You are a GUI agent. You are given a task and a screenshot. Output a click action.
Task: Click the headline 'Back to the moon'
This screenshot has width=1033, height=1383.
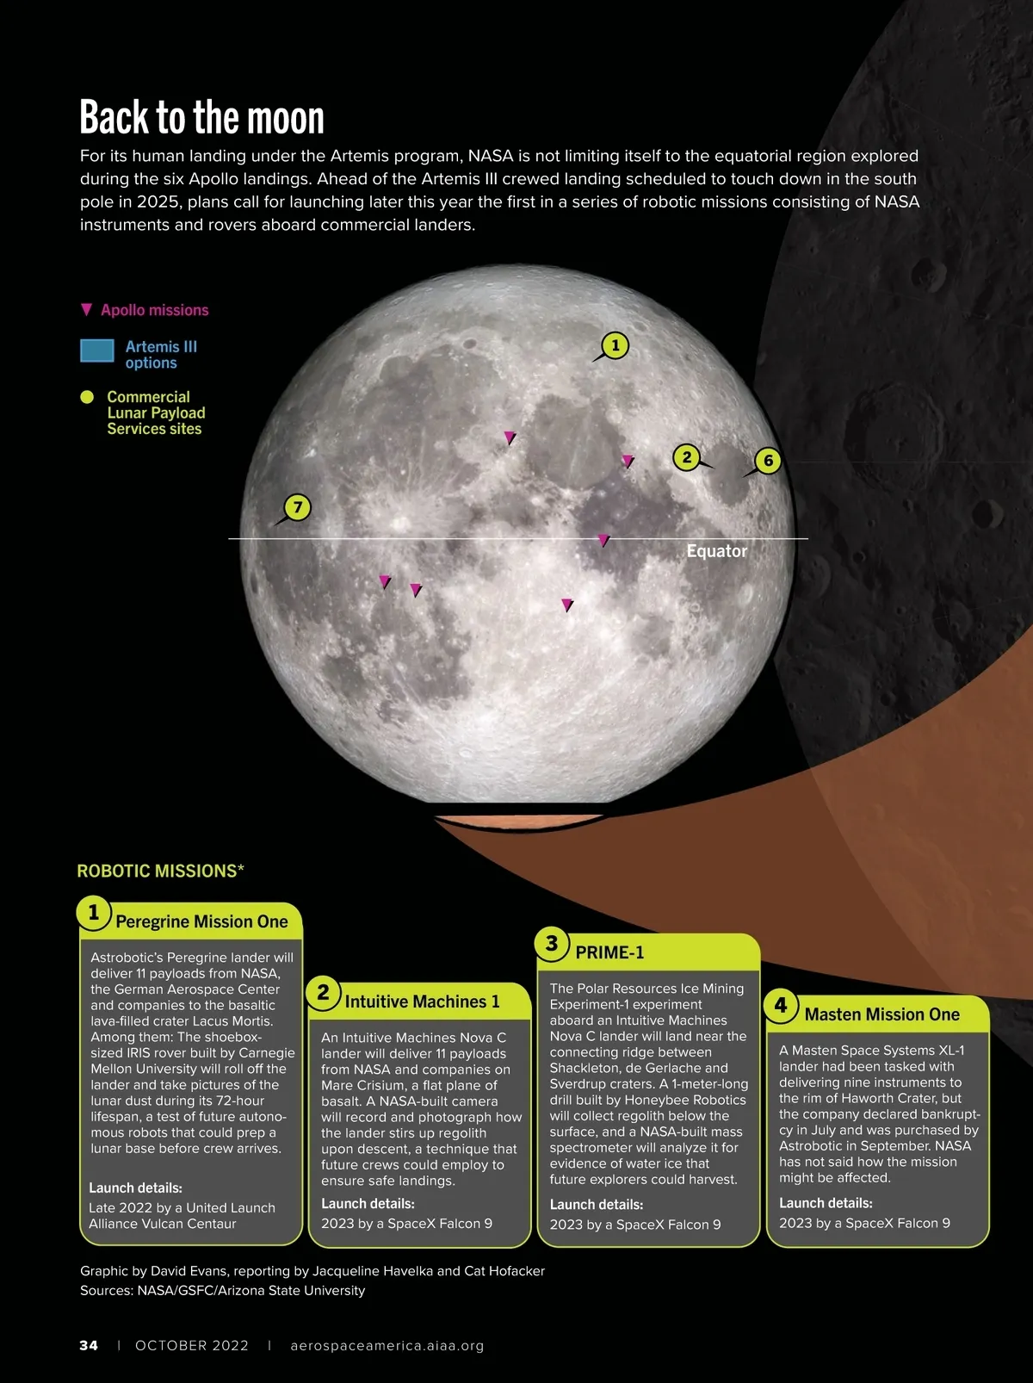tap(201, 118)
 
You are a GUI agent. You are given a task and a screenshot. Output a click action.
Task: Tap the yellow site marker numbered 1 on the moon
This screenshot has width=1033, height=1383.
tap(615, 345)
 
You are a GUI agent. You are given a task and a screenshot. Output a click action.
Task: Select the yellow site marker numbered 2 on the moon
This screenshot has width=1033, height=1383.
tap(686, 456)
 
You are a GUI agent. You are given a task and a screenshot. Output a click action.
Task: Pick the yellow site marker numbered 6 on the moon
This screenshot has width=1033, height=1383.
tap(768, 461)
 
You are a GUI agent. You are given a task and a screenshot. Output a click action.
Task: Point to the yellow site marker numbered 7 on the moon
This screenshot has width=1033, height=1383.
tap(297, 506)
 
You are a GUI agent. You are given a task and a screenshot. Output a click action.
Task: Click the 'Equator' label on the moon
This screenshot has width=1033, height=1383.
tap(716, 551)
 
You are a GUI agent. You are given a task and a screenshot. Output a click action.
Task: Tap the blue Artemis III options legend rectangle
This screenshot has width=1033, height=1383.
tap(97, 350)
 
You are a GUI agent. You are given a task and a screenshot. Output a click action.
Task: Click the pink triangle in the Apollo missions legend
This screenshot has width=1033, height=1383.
tap(86, 309)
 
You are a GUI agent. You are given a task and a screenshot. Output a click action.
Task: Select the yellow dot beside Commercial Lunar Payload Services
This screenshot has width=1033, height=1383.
tap(87, 397)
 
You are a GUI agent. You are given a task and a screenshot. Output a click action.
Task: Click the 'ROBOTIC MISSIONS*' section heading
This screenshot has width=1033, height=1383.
tap(160, 871)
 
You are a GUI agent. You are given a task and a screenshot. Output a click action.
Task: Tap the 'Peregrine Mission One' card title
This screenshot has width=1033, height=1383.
tap(201, 921)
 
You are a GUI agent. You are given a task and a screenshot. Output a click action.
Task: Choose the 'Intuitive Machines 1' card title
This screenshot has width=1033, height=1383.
tap(422, 1002)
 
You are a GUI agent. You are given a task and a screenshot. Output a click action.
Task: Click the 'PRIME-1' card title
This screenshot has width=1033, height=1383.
tap(609, 952)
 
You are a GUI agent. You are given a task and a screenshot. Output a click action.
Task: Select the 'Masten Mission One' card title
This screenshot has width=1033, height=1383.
tap(881, 1014)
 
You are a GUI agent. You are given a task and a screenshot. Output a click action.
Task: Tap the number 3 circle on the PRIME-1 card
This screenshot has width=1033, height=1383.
tap(552, 943)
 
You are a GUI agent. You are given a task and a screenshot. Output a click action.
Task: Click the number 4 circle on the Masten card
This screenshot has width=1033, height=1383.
tap(781, 1005)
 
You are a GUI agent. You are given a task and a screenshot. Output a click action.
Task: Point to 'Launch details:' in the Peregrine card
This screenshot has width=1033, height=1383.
tap(135, 1188)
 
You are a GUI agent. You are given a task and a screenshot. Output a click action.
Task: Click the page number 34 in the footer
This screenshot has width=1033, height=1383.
tap(89, 1345)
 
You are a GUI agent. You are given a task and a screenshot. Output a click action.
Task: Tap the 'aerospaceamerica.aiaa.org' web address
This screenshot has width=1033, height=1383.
tap(387, 1345)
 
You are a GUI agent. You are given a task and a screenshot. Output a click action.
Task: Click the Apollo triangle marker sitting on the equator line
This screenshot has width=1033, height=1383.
tap(603, 540)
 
